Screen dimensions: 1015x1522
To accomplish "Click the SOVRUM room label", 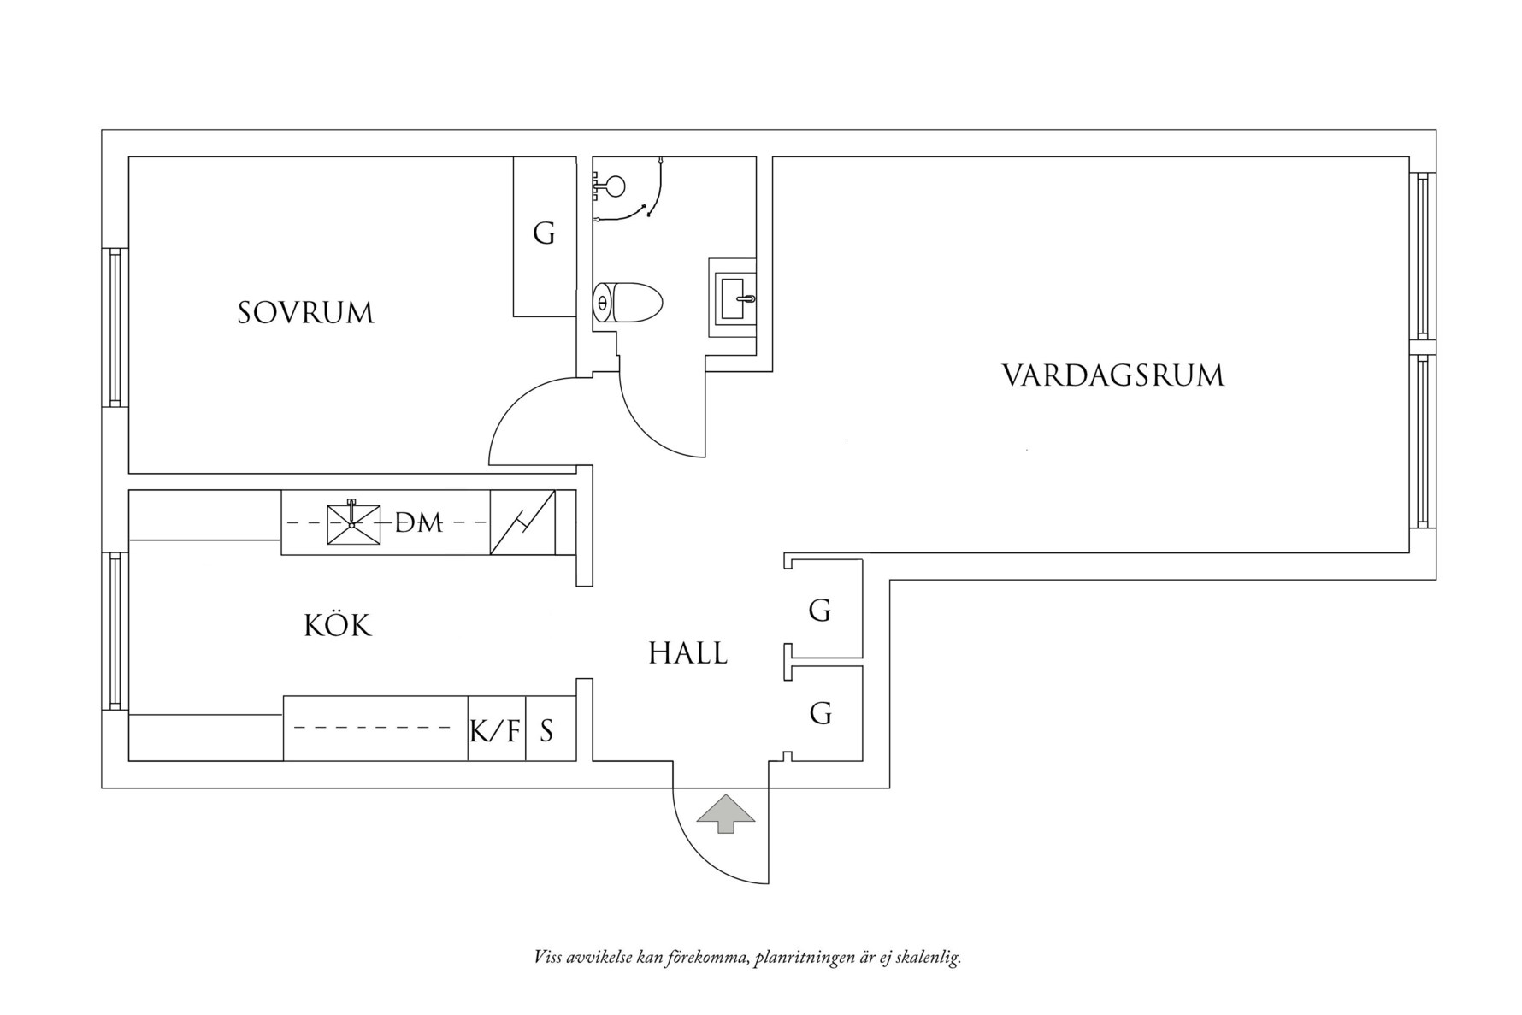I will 305,313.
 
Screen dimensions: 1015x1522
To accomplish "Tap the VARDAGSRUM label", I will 1112,376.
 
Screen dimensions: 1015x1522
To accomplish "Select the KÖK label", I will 338,626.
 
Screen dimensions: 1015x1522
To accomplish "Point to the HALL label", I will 687,654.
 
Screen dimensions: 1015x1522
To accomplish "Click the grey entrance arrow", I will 726,812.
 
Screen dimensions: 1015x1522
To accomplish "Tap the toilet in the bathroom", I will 628,303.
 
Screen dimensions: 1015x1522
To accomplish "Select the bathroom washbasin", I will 734,298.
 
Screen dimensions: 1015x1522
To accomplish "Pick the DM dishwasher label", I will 419,522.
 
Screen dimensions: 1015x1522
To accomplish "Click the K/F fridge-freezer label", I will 495,731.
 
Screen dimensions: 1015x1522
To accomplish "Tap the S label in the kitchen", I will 546,731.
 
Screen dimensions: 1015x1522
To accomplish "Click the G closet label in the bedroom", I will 544,233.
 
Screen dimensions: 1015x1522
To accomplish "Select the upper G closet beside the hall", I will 820,611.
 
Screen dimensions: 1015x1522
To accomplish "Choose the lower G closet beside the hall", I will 820,712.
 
